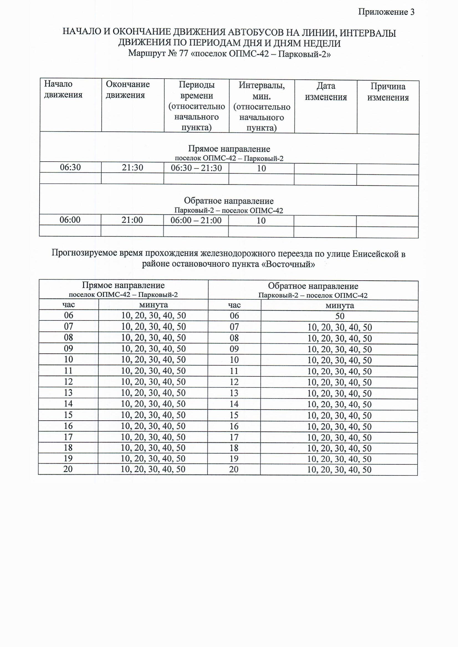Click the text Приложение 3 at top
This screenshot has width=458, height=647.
pos(386,12)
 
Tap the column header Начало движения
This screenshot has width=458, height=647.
pos(63,89)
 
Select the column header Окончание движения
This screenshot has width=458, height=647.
pos(127,89)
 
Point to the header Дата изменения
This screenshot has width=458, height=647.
pos(326,91)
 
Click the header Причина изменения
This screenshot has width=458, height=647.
pos(388,92)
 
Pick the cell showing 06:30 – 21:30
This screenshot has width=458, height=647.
pos(196,168)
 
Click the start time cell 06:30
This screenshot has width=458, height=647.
pos(70,167)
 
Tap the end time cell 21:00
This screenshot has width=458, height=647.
pos(132,220)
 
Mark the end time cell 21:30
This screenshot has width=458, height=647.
pos(132,168)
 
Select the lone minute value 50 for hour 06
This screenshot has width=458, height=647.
pos(339,316)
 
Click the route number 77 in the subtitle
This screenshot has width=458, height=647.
pos(183,53)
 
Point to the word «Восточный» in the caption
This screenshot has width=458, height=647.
pos(290,264)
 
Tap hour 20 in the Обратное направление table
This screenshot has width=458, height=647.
pos(234,469)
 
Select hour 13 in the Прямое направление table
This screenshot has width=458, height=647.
pos(68,392)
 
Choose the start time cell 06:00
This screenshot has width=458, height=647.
pos(70,219)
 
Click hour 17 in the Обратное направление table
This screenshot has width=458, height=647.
pos(234,437)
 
